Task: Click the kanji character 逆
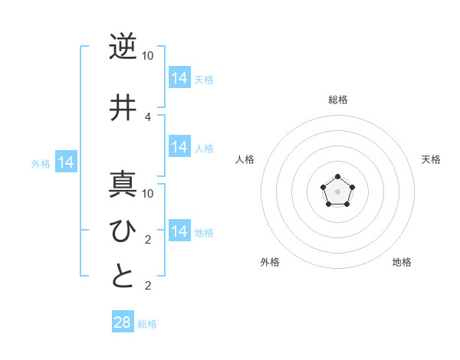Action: [x=123, y=47]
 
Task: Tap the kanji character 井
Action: [x=123, y=107]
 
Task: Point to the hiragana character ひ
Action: [x=123, y=229]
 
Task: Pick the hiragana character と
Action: [x=123, y=276]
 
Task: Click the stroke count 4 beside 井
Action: [x=148, y=116]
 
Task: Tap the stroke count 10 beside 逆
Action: [x=148, y=56]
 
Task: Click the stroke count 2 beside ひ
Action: [x=148, y=239]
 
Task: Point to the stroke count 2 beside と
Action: [x=148, y=286]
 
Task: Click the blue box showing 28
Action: [x=123, y=322]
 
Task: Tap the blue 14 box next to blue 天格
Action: [x=179, y=78]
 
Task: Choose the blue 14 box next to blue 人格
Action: [x=179, y=147]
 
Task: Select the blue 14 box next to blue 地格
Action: [x=179, y=231]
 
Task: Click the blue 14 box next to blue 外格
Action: [x=66, y=162]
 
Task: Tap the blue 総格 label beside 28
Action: [x=147, y=324]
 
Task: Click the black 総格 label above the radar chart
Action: [x=337, y=100]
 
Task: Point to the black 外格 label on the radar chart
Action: [x=270, y=262]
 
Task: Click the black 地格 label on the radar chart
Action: [x=402, y=262]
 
